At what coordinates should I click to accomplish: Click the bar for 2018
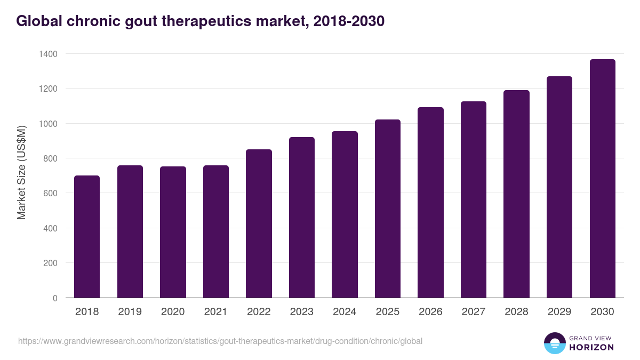[87, 237]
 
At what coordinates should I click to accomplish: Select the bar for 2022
[259, 223]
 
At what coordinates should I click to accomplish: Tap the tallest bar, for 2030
[602, 179]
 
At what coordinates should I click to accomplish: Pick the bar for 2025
[388, 209]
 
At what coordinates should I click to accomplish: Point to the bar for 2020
[173, 232]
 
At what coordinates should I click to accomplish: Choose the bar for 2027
[474, 199]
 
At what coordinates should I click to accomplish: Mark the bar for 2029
[559, 187]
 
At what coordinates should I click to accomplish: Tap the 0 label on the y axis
[55, 298]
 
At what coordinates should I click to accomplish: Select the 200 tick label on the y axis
[50, 263]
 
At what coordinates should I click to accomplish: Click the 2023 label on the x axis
[301, 312]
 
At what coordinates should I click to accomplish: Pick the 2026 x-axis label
[430, 312]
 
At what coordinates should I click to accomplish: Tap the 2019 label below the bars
[130, 312]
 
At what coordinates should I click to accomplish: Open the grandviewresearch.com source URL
[220, 341]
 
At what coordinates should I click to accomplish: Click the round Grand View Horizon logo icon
[555, 343]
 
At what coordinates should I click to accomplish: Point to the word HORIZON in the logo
[591, 347]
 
